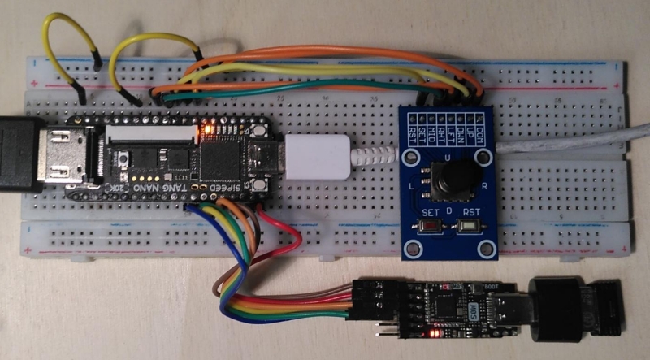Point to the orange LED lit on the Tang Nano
coord(210,128)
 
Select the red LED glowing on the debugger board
coord(433,333)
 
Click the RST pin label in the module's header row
coord(413,129)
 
